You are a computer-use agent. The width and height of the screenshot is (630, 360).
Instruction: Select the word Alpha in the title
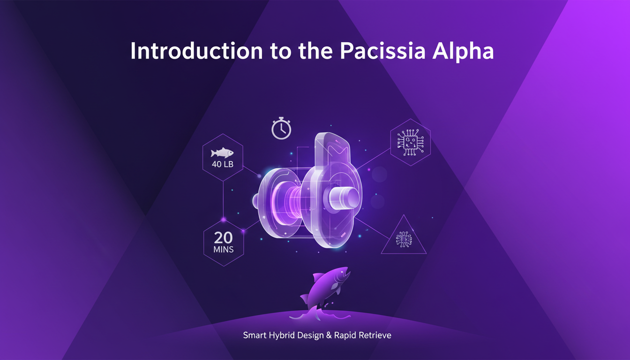tap(465, 51)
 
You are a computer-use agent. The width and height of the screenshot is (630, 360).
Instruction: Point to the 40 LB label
tap(223, 165)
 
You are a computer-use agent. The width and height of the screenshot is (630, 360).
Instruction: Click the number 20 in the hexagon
tap(223, 237)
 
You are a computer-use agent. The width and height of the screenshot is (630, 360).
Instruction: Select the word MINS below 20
tap(223, 249)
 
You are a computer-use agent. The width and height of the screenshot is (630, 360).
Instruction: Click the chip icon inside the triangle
tap(403, 239)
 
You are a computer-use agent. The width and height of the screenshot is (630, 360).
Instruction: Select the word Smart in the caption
tap(254, 336)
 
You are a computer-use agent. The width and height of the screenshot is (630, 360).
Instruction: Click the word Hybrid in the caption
tap(281, 336)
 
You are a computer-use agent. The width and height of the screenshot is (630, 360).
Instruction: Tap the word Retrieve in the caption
tap(375, 336)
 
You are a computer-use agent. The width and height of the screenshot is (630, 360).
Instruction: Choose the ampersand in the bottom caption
tap(327, 336)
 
